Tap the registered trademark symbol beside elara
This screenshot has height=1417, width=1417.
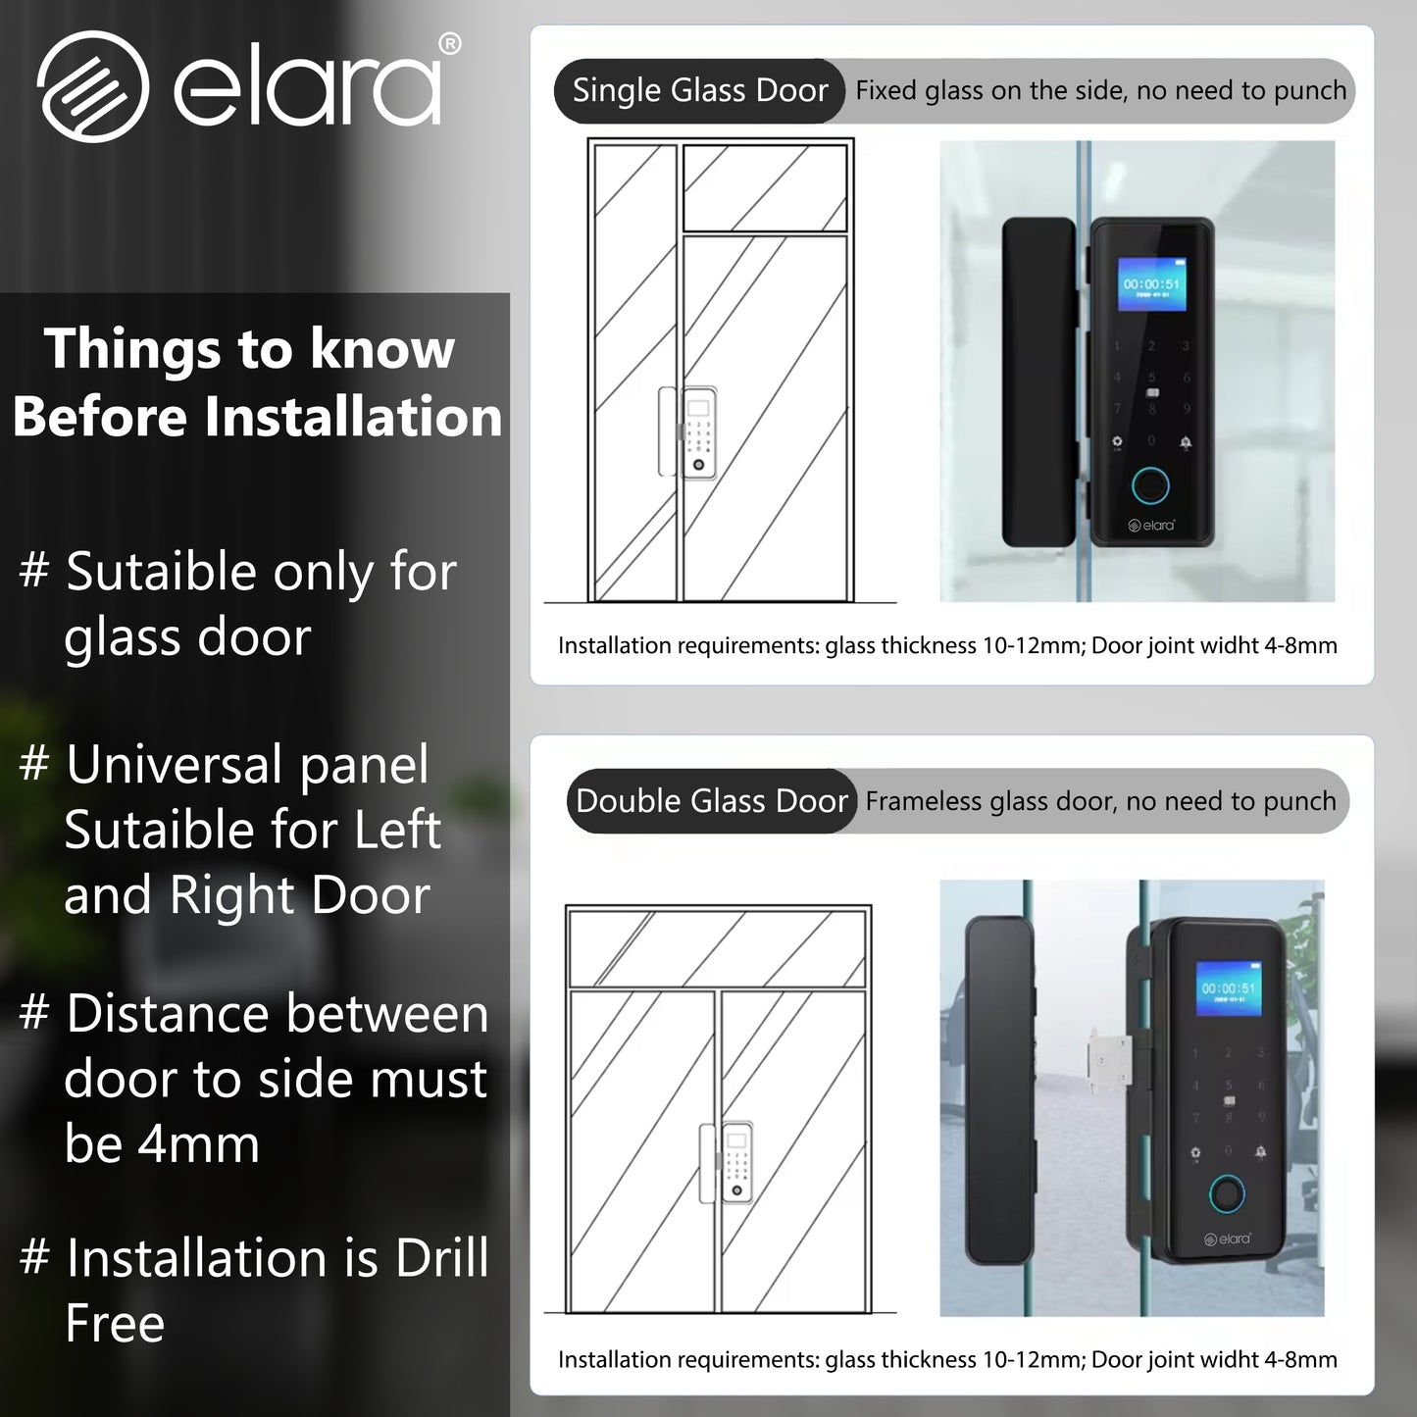point(449,44)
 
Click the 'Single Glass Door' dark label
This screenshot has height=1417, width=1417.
point(699,91)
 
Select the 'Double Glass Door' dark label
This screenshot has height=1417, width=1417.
point(711,801)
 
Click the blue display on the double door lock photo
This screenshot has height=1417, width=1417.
point(1227,990)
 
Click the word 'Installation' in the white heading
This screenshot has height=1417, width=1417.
point(353,417)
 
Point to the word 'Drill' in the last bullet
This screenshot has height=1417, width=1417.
point(441,1258)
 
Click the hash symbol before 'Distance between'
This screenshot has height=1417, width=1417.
point(34,1014)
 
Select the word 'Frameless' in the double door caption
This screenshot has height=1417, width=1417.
point(924,802)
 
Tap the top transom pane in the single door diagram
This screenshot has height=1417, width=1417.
point(765,187)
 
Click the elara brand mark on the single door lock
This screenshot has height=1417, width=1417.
point(1152,526)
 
